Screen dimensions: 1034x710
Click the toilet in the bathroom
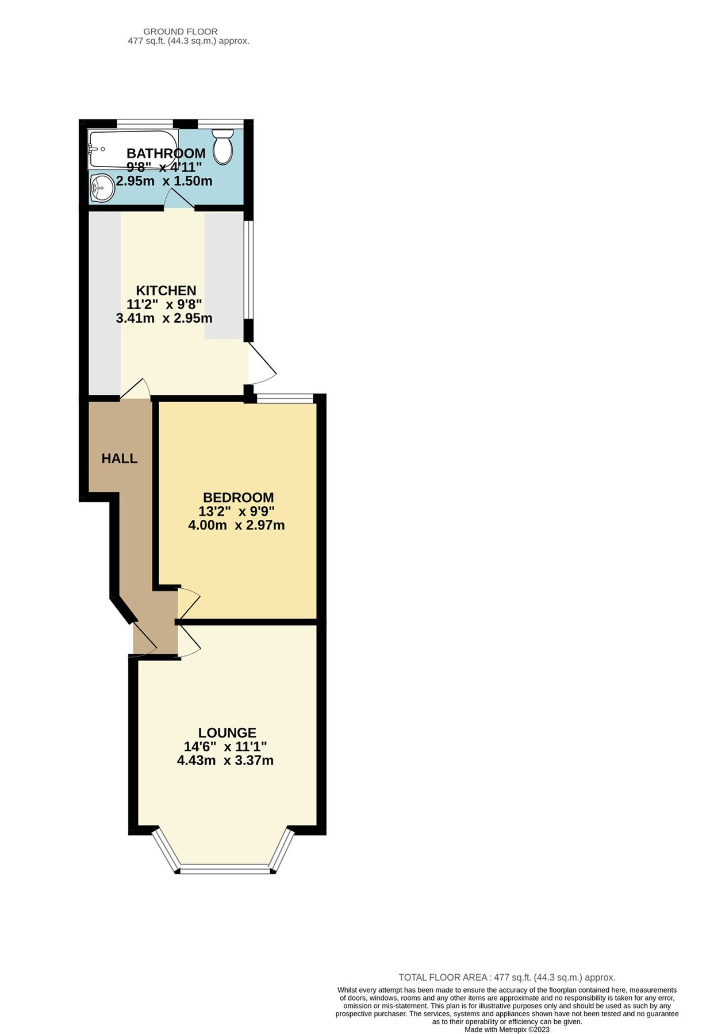click(x=222, y=146)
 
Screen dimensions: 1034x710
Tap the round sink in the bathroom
click(x=102, y=187)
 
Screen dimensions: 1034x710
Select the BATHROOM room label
click(x=166, y=153)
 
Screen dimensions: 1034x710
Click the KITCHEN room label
click(x=166, y=291)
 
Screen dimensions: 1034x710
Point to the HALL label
click(x=120, y=458)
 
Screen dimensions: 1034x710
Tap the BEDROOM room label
click(x=238, y=497)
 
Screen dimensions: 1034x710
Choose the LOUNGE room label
click(x=227, y=733)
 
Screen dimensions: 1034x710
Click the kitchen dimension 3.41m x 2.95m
click(x=164, y=318)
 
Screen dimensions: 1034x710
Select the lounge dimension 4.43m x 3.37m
click(x=225, y=761)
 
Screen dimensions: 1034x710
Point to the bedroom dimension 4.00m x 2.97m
click(x=236, y=525)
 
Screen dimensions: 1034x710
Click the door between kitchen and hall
click(x=136, y=389)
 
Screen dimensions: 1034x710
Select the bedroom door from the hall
click(x=189, y=603)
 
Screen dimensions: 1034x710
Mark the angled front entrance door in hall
click(x=144, y=638)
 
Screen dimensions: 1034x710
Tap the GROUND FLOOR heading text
click(x=180, y=32)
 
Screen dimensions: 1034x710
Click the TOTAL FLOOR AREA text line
click(x=506, y=977)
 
